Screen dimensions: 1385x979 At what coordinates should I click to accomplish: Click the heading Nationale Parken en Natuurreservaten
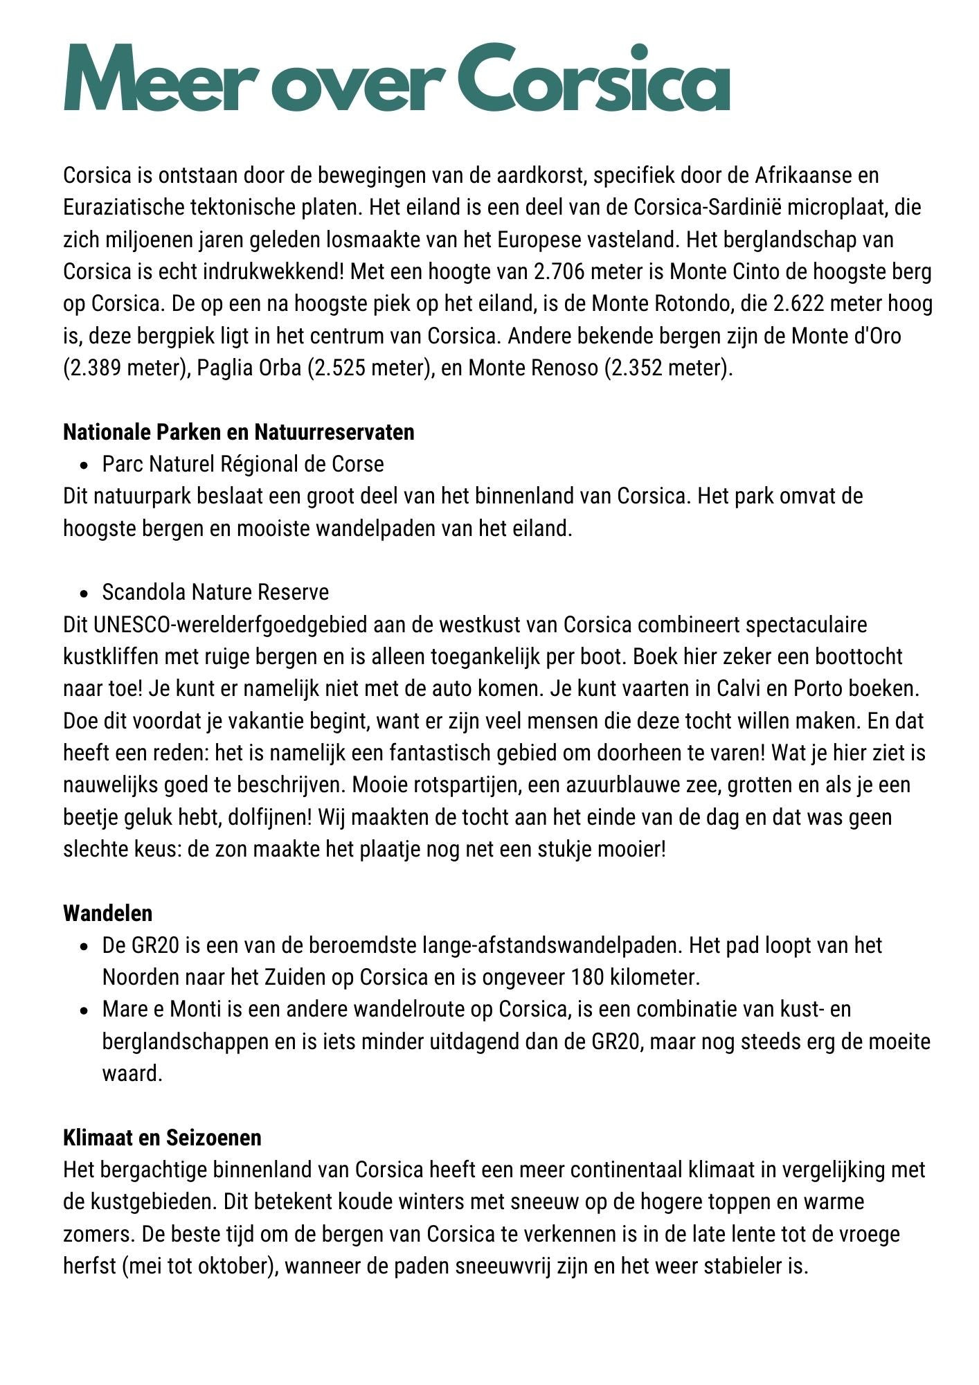pyautogui.click(x=239, y=432)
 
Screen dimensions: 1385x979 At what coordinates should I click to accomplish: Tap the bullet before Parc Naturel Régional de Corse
pyautogui.click(x=84, y=465)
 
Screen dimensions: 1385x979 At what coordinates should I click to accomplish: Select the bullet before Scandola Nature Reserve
pyautogui.click(x=84, y=593)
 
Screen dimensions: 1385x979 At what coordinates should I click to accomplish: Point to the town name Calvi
pyautogui.click(x=742, y=689)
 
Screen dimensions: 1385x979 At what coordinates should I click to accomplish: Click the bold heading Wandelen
pyautogui.click(x=108, y=913)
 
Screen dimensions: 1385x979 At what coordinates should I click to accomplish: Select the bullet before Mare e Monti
pyautogui.click(x=84, y=1010)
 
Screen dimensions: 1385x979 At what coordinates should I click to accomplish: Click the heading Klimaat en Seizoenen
pyautogui.click(x=163, y=1138)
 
